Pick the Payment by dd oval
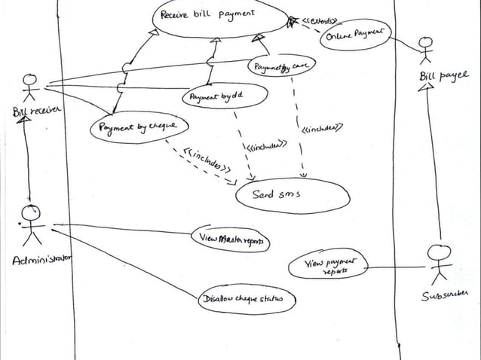[223, 97]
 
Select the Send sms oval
[292, 195]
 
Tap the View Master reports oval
[232, 239]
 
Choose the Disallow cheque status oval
[246, 301]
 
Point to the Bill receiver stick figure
[30, 86]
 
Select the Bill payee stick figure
[427, 49]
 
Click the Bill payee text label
[443, 75]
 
